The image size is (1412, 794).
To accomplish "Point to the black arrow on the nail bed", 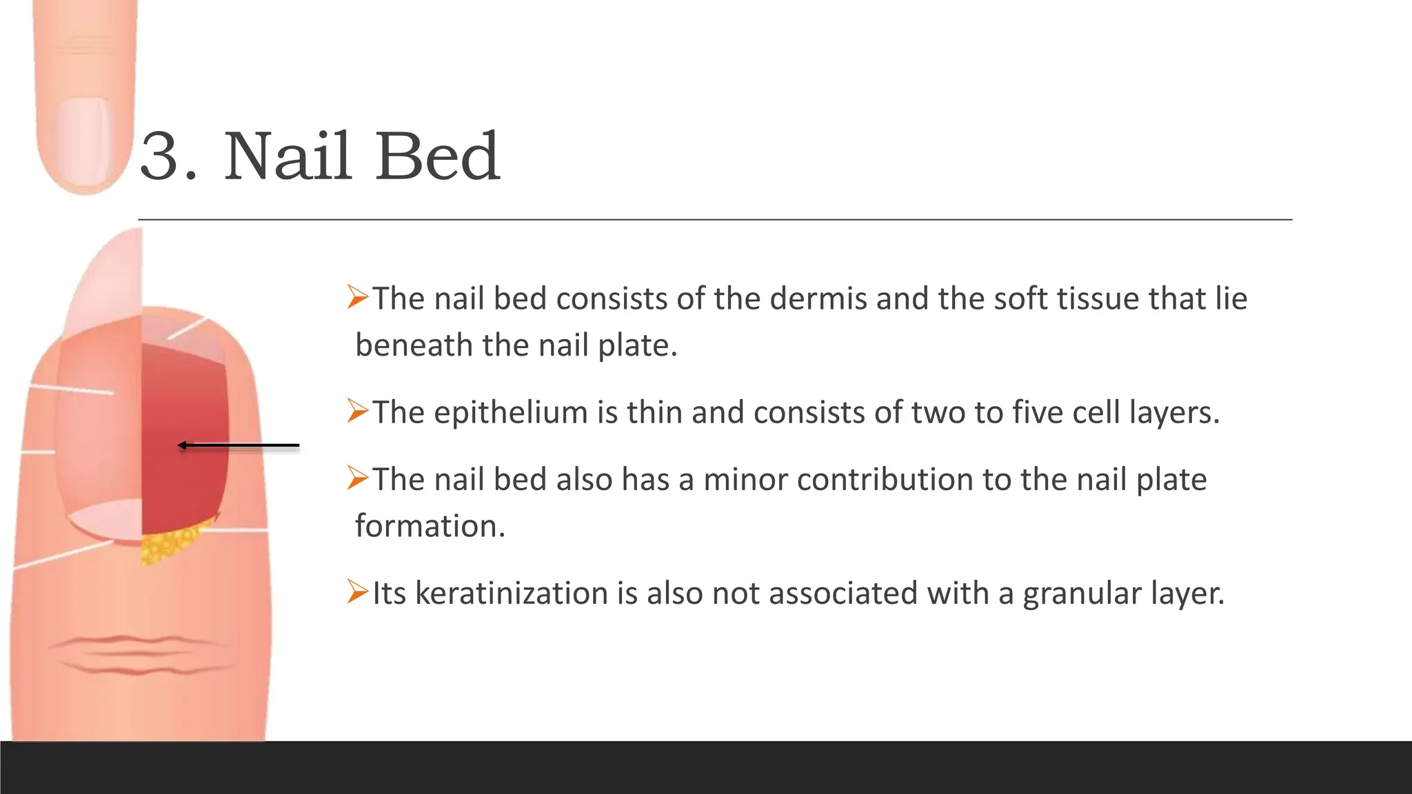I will tap(238, 446).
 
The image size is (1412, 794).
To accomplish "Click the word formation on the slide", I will tap(430, 527).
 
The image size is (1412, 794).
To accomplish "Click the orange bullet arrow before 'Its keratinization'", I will tap(359, 591).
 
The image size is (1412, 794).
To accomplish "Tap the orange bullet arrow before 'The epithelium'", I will tap(359, 411).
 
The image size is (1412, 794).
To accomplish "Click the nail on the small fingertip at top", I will tap(84, 141).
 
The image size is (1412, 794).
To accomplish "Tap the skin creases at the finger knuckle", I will tap(138, 655).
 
